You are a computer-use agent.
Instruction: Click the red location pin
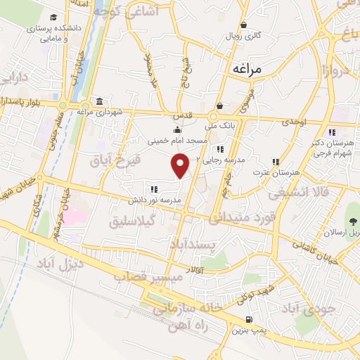point(181,165)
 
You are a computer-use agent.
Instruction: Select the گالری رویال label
point(247,35)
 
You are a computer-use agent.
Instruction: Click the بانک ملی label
point(217,127)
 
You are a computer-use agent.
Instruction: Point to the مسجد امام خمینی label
point(177,140)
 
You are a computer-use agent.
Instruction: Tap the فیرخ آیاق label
point(116,160)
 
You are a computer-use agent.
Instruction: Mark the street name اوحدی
point(295,122)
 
